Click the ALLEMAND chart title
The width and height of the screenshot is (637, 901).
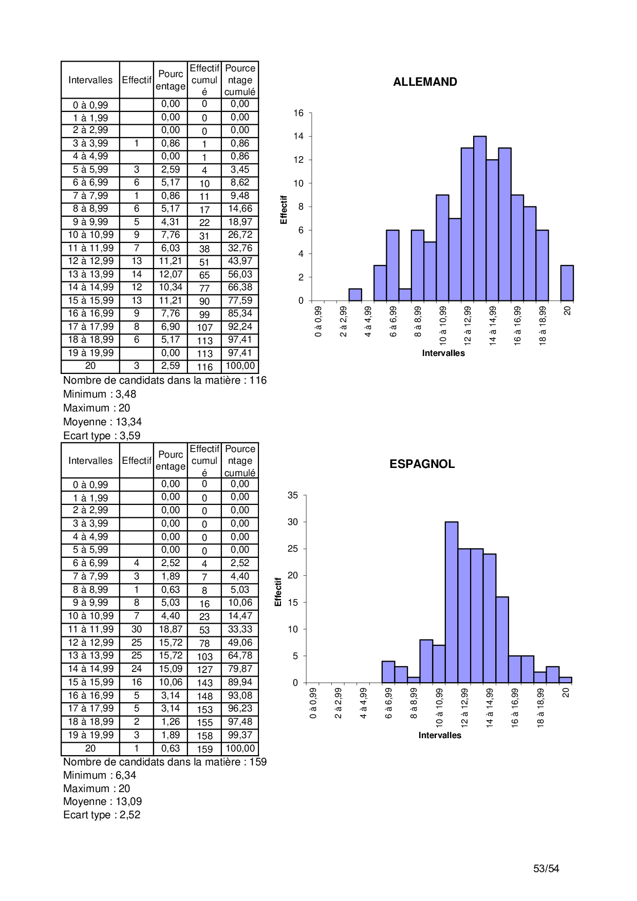(425, 82)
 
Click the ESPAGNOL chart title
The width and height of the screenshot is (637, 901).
(422, 464)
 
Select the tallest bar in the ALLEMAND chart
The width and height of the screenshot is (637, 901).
(480, 218)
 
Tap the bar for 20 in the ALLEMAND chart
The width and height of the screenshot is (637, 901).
(567, 283)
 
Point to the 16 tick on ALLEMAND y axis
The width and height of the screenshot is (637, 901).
(298, 113)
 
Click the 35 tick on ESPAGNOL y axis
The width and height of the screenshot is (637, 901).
(293, 495)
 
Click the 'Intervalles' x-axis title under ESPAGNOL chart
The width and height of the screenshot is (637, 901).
(440, 736)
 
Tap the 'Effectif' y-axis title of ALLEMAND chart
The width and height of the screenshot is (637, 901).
(284, 210)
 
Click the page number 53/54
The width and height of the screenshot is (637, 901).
(546, 869)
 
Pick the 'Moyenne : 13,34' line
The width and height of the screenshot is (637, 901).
(102, 422)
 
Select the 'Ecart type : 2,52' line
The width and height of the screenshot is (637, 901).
(102, 815)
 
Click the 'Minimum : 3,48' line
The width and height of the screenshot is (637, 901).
(100, 394)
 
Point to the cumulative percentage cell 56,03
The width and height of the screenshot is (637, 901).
(240, 274)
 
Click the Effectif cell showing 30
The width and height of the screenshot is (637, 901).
(137, 629)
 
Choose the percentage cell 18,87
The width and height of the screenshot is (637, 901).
(171, 629)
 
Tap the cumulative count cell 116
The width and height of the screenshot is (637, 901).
(204, 367)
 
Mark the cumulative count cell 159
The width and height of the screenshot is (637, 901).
(204, 749)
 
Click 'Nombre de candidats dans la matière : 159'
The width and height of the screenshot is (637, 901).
(165, 762)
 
